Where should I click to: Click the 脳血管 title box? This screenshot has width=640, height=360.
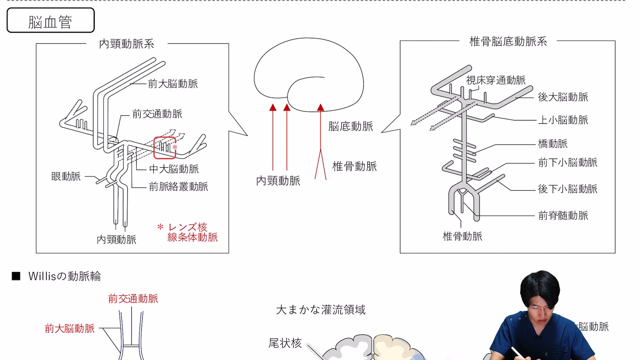(50, 20)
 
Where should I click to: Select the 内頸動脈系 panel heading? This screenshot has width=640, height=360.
(127, 44)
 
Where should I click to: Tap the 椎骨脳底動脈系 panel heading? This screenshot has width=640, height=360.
(508, 41)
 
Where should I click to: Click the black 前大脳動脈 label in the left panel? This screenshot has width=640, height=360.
(173, 84)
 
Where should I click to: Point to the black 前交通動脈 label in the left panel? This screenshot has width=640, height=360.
(157, 114)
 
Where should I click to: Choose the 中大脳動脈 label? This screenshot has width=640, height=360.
(174, 169)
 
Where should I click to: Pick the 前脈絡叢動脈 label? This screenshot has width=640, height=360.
(178, 186)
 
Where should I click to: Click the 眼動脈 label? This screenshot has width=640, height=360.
(66, 176)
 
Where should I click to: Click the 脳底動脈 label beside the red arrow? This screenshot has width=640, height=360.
(351, 126)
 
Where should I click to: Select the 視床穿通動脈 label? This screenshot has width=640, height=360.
(496, 80)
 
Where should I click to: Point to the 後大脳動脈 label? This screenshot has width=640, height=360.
(563, 97)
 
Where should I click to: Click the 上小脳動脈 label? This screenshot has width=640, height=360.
(563, 120)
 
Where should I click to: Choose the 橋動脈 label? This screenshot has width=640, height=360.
(553, 144)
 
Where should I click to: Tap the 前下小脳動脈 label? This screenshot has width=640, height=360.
(568, 162)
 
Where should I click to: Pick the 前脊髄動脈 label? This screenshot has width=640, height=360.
(563, 215)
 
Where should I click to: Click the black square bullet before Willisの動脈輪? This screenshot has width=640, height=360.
(16, 276)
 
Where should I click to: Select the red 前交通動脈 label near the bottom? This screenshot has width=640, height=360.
(133, 299)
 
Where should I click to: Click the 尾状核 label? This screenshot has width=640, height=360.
(285, 343)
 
